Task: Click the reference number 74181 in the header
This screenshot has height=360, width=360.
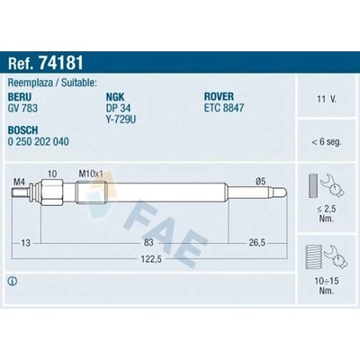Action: pos(60,63)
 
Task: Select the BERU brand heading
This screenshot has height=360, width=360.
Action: pos(20,97)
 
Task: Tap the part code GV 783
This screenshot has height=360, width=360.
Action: pos(22,108)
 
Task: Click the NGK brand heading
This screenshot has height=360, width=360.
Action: pos(115,97)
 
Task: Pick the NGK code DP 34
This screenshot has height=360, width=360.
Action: pos(118,108)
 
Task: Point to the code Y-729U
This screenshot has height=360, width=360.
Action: pos(121,120)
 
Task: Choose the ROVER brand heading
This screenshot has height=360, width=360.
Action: pos(219,96)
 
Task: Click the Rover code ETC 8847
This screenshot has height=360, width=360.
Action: pos(224,108)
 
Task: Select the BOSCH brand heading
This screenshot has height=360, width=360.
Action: pos(22,130)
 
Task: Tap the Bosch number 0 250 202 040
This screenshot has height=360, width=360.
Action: pos(39,141)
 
